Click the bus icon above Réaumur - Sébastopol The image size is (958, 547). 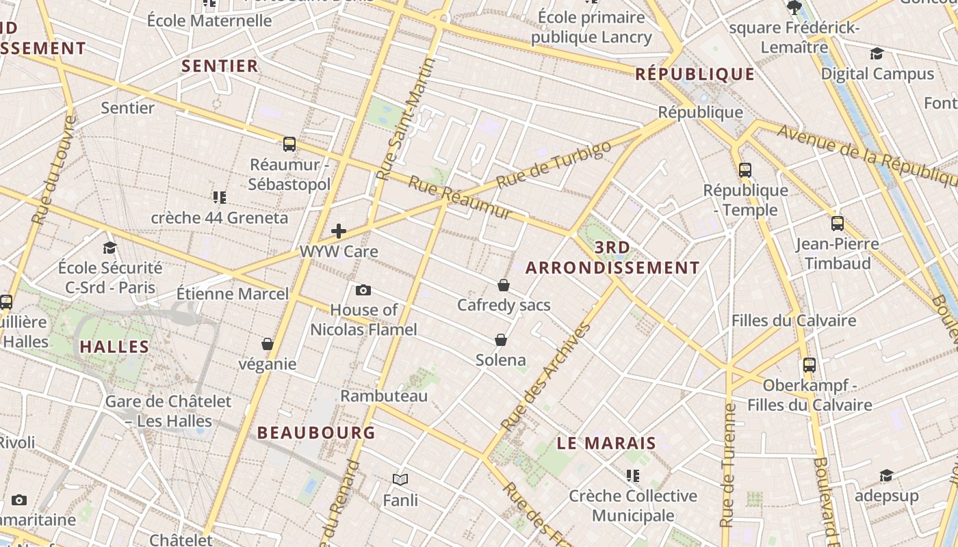pyautogui.click(x=289, y=144)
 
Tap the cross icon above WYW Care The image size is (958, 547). pyautogui.click(x=339, y=231)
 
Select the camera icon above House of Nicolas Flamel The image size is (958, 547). pyautogui.click(x=363, y=290)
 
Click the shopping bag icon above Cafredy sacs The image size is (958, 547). pyautogui.click(x=504, y=284)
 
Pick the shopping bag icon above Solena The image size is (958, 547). pyautogui.click(x=501, y=340)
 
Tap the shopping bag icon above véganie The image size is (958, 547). pyautogui.click(x=268, y=343)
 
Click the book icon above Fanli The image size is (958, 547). pyautogui.click(x=400, y=480)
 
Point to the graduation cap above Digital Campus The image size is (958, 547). pyautogui.click(x=877, y=54)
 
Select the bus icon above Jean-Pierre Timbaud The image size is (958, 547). pyautogui.click(x=837, y=224)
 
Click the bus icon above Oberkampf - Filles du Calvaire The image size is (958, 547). pyautogui.click(x=810, y=365)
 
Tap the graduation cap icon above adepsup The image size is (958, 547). pyautogui.click(x=886, y=475)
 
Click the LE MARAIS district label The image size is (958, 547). pyautogui.click(x=606, y=443)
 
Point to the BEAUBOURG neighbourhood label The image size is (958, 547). pyautogui.click(x=316, y=432)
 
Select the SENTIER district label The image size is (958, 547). pyautogui.click(x=220, y=66)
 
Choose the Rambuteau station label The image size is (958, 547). pyautogui.click(x=384, y=396)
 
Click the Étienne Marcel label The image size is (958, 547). pyautogui.click(x=233, y=294)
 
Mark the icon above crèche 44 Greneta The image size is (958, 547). pyautogui.click(x=219, y=198)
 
